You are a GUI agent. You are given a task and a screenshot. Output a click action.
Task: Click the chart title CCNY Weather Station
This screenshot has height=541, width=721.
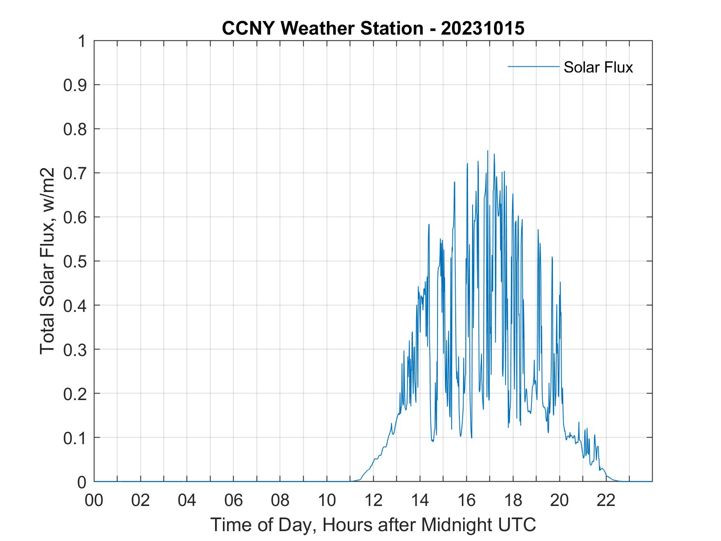coord(322,28)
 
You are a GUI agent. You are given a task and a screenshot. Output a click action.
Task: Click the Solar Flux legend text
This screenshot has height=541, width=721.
coord(598,67)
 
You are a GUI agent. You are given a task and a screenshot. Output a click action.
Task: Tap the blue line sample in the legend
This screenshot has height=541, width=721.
coord(533,66)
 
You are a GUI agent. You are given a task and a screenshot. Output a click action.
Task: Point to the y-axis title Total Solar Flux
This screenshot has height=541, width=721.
coord(47,261)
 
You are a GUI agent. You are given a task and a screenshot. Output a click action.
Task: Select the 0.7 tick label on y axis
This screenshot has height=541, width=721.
coord(76,173)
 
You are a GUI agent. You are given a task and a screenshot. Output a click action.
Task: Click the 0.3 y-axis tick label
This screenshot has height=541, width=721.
coord(76,349)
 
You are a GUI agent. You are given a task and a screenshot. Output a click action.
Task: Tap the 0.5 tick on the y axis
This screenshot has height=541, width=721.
coord(76,261)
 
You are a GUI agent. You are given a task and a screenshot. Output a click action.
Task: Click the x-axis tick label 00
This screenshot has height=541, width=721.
coord(94,501)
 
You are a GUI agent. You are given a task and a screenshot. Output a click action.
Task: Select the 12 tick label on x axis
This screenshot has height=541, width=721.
coord(373,501)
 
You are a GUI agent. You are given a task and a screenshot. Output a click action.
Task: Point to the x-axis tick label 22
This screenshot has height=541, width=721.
coord(606,501)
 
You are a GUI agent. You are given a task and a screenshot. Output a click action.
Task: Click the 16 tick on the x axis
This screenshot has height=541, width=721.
coord(466,501)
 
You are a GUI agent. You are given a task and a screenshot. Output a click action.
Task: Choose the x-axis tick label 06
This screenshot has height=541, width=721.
coord(234,501)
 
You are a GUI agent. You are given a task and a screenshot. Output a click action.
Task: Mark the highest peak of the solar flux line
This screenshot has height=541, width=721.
coord(487,151)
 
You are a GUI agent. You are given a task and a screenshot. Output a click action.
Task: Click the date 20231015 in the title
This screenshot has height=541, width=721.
coord(482,28)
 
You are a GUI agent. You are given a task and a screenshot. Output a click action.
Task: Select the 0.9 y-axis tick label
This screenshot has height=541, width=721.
coord(76,85)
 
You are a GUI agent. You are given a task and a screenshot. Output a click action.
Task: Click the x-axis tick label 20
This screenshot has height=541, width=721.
coord(559,501)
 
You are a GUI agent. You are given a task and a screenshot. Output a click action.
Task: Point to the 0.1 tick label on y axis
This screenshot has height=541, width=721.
coord(76,438)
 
